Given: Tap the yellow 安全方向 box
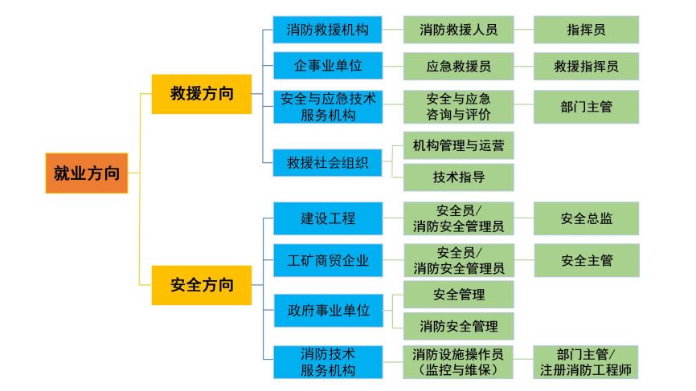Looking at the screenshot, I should point(201,283).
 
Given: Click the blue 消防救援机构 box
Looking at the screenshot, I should point(327,31).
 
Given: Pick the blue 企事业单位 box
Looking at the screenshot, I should point(327,64).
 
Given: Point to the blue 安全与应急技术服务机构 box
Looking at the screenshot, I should point(327,106).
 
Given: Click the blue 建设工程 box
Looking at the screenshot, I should point(327,218).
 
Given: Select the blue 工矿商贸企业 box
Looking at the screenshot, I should point(327,260).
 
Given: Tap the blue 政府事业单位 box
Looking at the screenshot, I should point(327,311).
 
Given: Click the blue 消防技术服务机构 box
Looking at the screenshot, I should point(327,361).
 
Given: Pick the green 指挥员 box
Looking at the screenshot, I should point(587,31).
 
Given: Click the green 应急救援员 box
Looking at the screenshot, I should point(458,64).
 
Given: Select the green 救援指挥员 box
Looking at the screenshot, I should point(587,64).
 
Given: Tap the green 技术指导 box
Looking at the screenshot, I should point(458,176).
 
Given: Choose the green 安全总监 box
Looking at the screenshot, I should point(587,218).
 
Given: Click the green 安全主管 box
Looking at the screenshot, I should point(587,260).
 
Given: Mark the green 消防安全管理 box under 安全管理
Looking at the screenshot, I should point(458,325).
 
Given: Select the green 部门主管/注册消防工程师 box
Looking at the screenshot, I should point(587,361).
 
